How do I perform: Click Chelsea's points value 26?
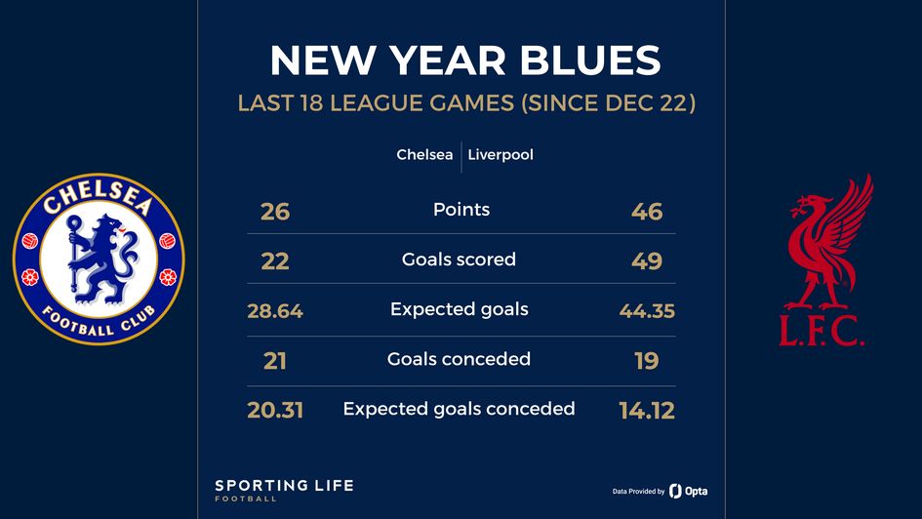click(275, 211)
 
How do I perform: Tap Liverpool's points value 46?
click(647, 211)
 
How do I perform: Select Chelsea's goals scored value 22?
click(275, 261)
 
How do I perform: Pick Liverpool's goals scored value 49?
click(647, 261)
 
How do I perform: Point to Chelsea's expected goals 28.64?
click(275, 312)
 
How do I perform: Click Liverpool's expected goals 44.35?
click(647, 312)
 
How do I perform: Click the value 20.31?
click(275, 411)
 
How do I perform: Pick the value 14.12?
click(647, 411)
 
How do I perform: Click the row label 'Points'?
click(461, 210)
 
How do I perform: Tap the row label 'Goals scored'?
click(459, 259)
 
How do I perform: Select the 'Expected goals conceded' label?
click(459, 409)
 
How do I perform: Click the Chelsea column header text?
click(424, 155)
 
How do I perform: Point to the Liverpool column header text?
click(501, 155)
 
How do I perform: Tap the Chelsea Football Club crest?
click(99, 260)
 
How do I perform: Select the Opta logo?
click(688, 491)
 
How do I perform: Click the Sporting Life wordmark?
click(284, 486)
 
